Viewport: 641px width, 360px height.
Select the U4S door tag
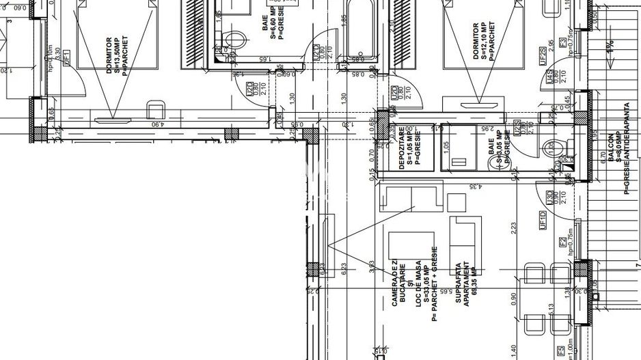click(551, 89)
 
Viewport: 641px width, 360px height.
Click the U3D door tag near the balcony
click(551, 199)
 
